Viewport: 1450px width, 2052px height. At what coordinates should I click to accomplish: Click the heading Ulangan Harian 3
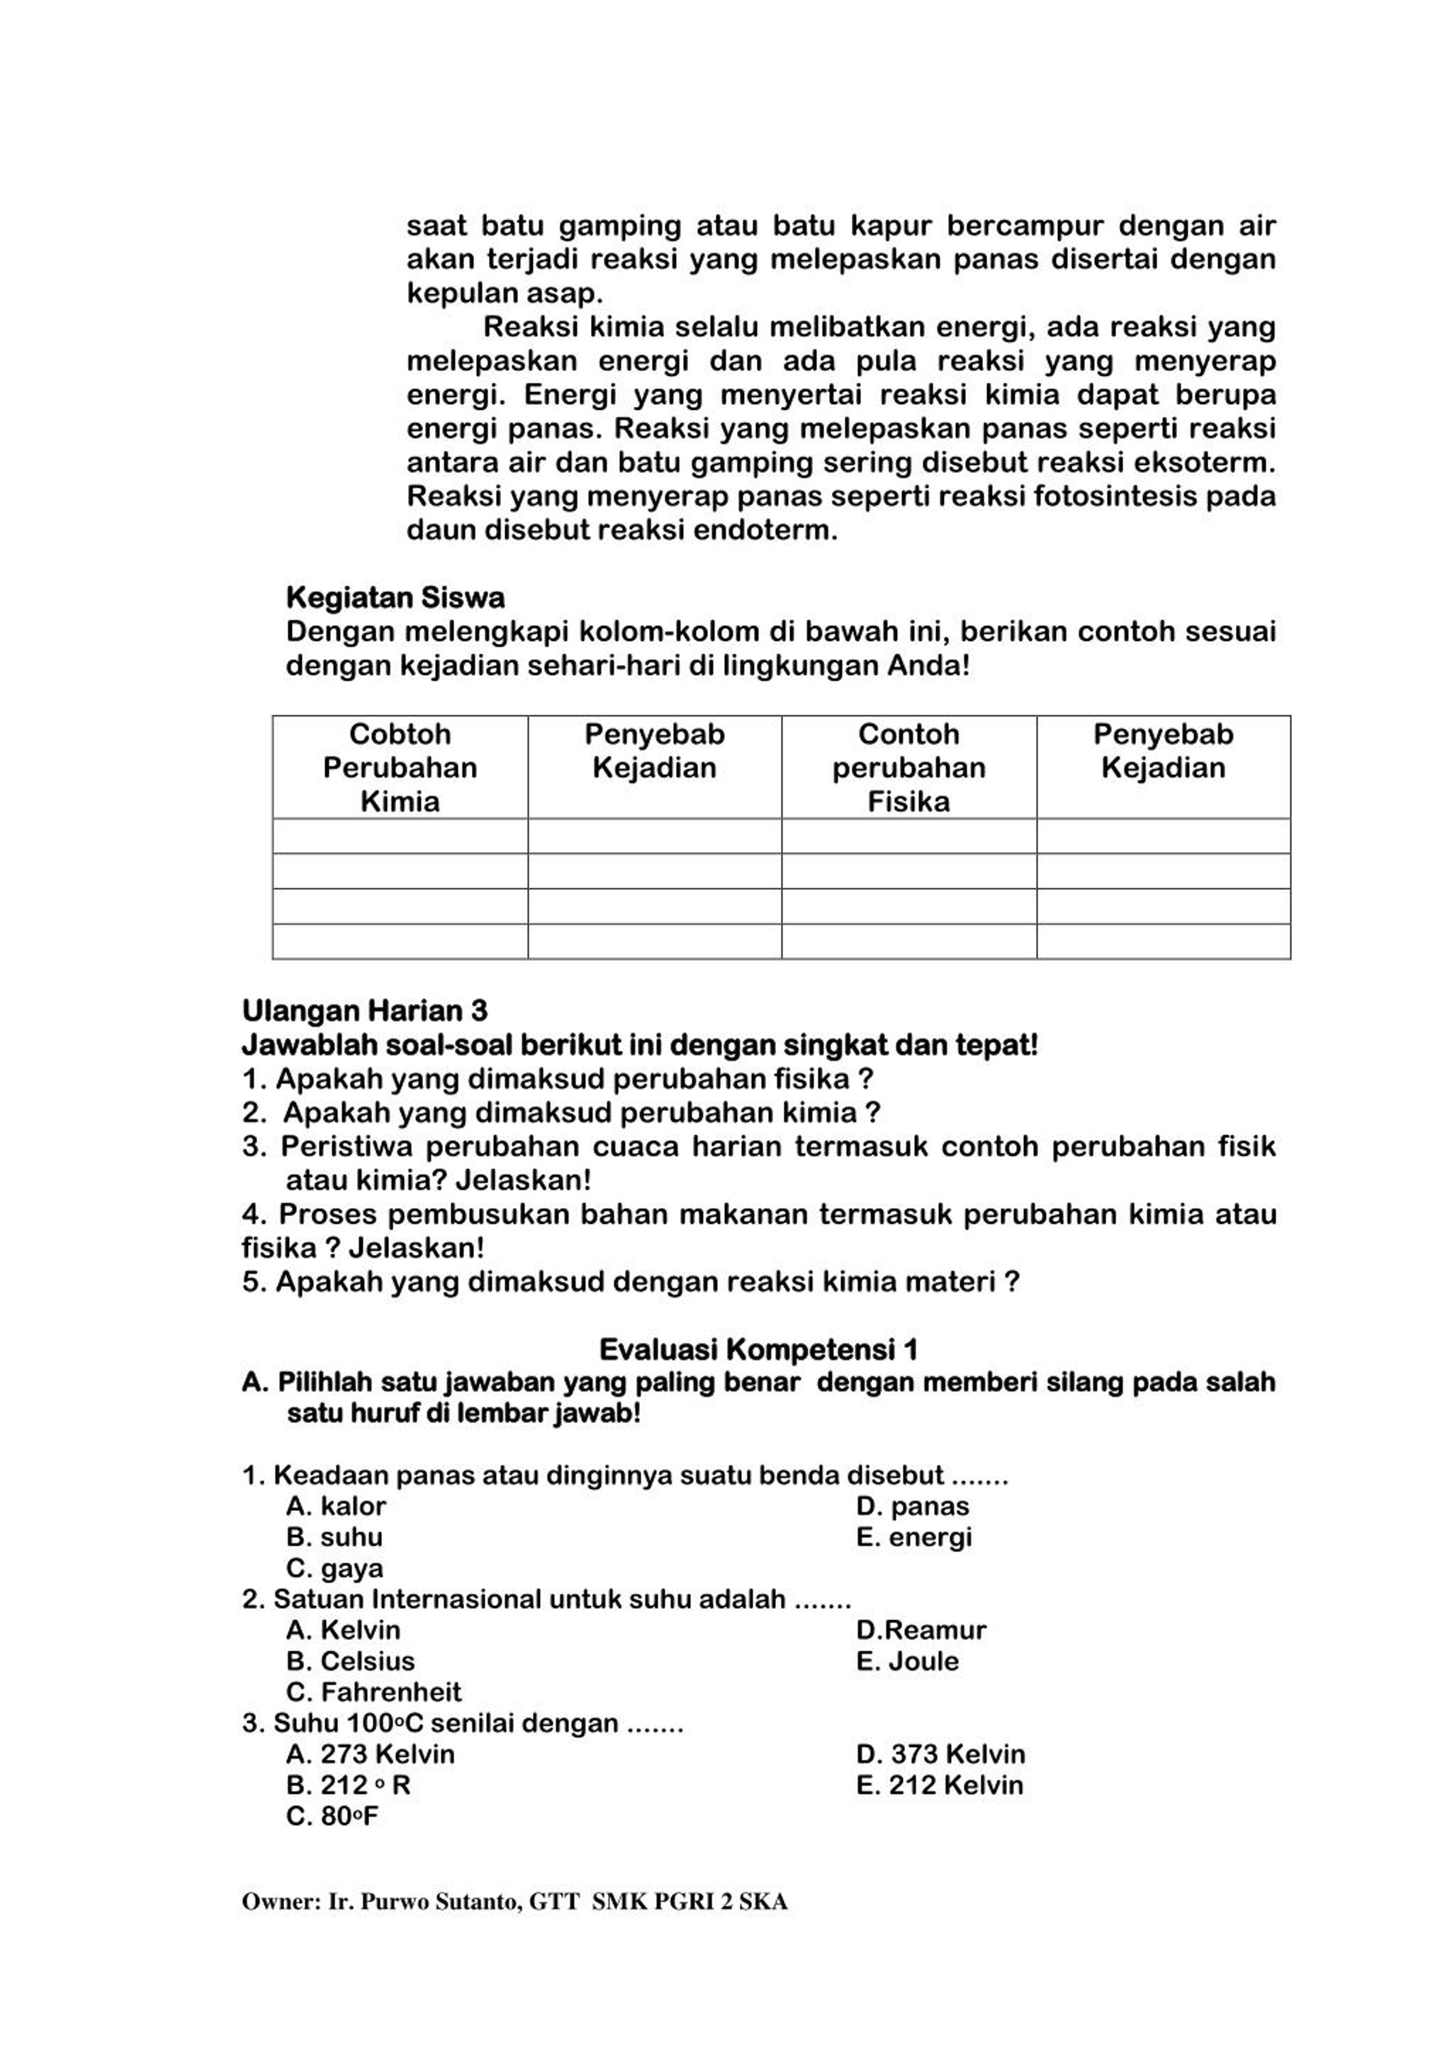365,1011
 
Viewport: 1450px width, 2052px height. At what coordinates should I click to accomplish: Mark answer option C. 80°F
332,1816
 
